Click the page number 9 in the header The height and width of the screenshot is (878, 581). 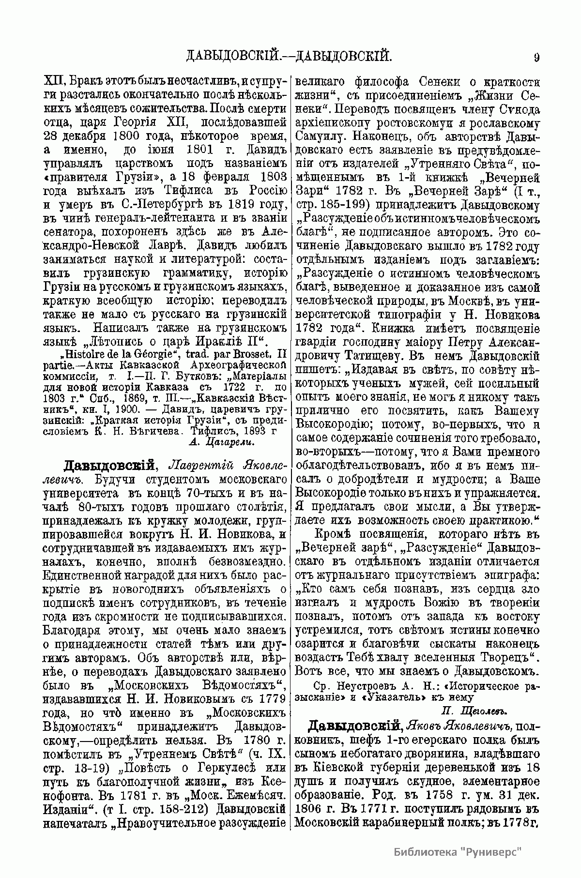tap(536, 58)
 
